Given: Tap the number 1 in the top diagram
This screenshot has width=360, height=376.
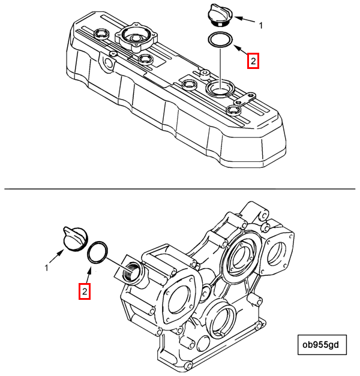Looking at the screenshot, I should click(x=261, y=25).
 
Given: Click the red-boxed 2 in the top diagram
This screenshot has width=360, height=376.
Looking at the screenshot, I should click(x=253, y=61).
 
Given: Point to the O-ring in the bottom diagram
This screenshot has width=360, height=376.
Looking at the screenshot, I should click(x=97, y=252).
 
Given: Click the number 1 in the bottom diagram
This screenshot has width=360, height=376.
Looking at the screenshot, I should click(x=46, y=268).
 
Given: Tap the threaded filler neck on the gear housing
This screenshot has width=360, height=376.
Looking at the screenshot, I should click(x=131, y=270).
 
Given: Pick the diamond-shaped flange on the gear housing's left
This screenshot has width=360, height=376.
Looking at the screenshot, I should click(x=178, y=296).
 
